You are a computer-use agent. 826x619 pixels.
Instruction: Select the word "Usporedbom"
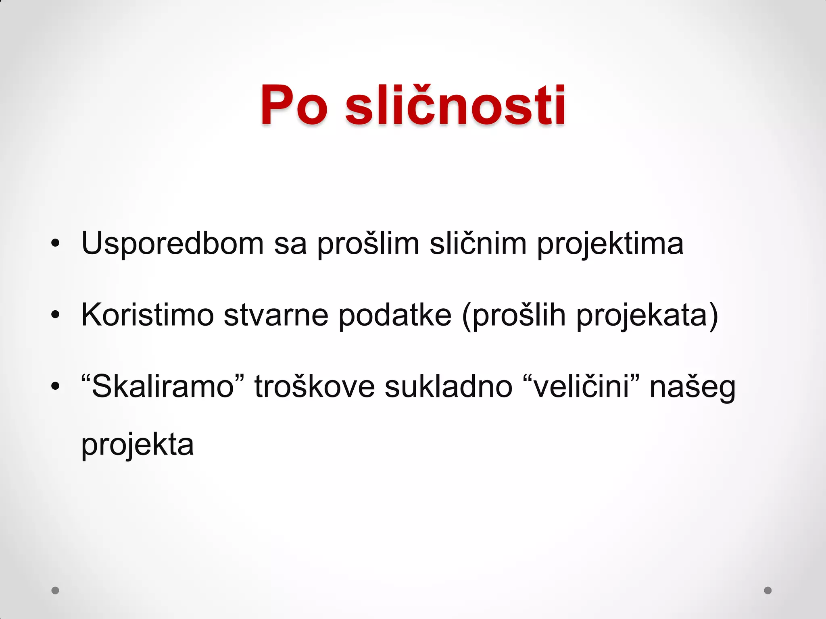tap(173, 243)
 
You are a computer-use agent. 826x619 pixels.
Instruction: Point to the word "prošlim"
tap(368, 244)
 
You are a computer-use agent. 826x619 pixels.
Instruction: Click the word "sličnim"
tap(478, 243)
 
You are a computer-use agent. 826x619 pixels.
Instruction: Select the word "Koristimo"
tap(148, 315)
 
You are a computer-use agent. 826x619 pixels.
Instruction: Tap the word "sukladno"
tap(448, 386)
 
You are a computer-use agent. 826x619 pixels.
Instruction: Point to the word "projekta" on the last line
tap(138, 445)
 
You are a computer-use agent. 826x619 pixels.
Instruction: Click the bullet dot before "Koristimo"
tap(56, 315)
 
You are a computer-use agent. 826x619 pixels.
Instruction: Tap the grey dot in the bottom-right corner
tap(768, 590)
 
